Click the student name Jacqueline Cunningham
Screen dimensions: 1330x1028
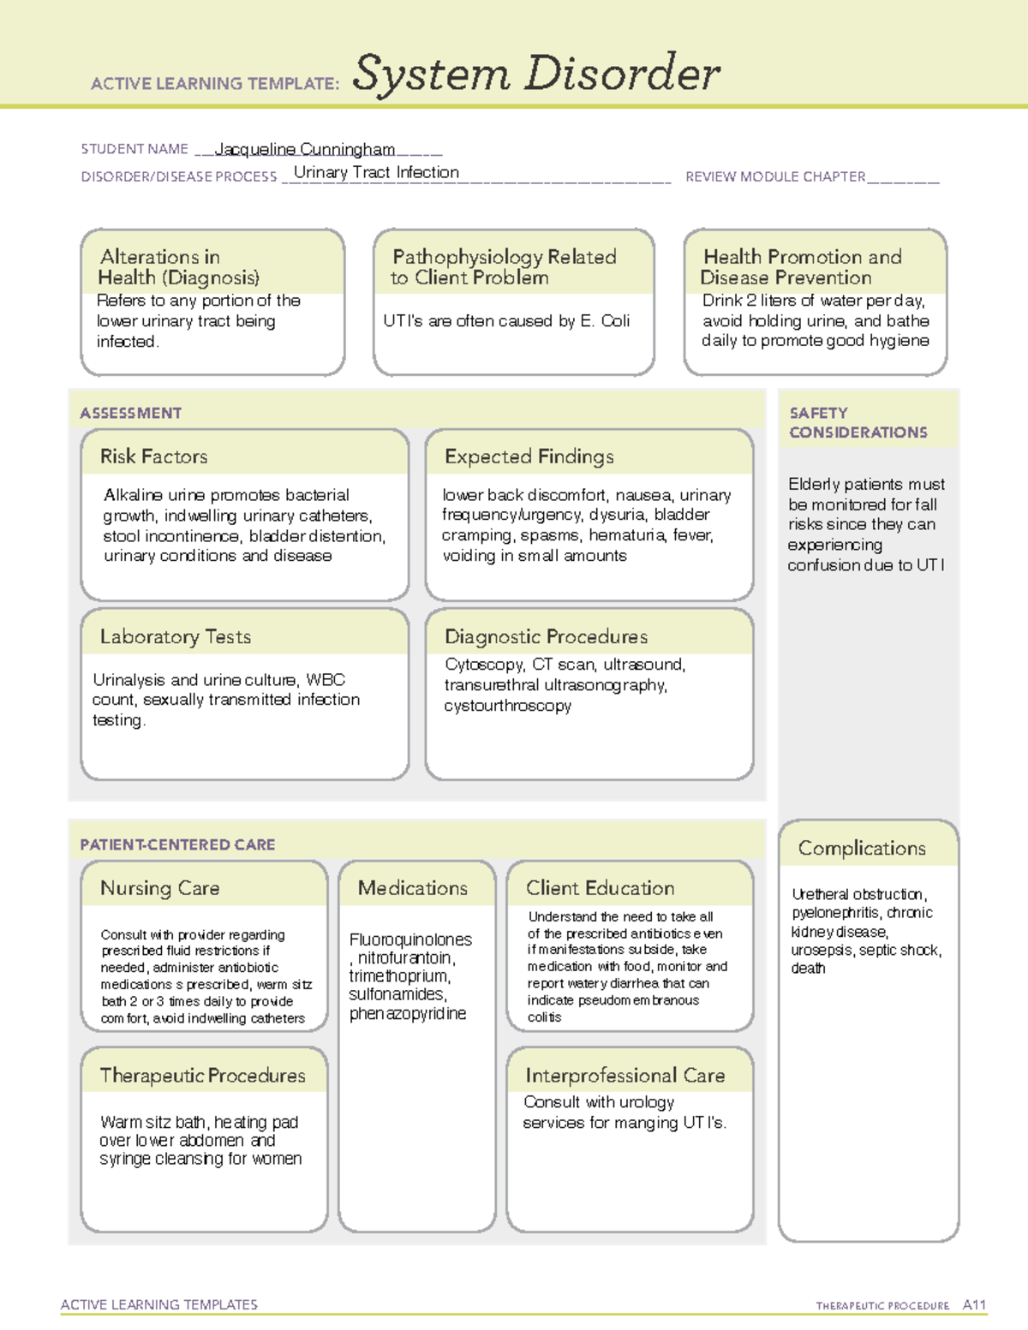(x=304, y=149)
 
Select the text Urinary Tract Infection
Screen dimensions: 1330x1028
(x=376, y=172)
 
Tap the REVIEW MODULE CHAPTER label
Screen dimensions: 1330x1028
(x=775, y=176)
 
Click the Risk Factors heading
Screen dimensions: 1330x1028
(x=153, y=456)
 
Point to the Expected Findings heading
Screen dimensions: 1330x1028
(x=529, y=456)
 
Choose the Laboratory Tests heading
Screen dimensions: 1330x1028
(x=175, y=636)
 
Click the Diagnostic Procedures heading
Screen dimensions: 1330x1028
(x=546, y=636)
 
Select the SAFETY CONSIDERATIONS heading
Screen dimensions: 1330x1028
(x=858, y=422)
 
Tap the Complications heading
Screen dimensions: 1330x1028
(x=861, y=848)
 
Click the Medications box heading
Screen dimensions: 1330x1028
(x=412, y=888)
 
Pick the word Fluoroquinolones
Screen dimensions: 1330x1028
(x=410, y=939)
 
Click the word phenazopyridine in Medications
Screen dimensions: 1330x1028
(x=407, y=1013)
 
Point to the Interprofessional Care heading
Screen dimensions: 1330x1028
(x=625, y=1075)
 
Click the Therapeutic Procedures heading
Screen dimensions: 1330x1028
(x=202, y=1075)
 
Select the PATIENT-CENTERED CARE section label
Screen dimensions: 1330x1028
(x=177, y=844)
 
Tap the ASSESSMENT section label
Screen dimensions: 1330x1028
(x=130, y=413)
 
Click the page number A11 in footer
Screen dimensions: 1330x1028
(x=974, y=1304)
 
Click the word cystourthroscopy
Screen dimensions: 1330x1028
(x=507, y=706)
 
